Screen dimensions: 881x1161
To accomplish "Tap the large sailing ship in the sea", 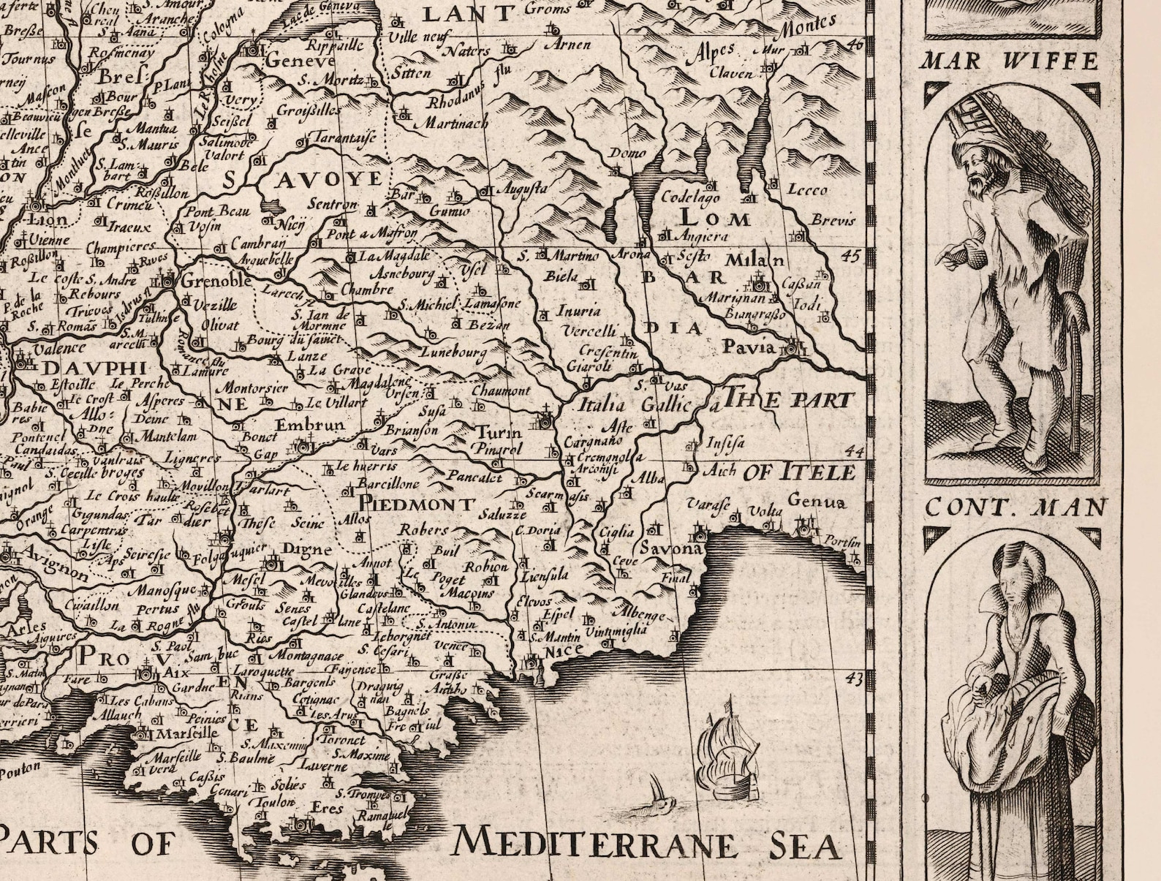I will point(727,753).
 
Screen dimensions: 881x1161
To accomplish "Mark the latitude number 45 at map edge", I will point(849,255).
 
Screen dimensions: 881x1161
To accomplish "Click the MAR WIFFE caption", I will point(1010,60).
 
